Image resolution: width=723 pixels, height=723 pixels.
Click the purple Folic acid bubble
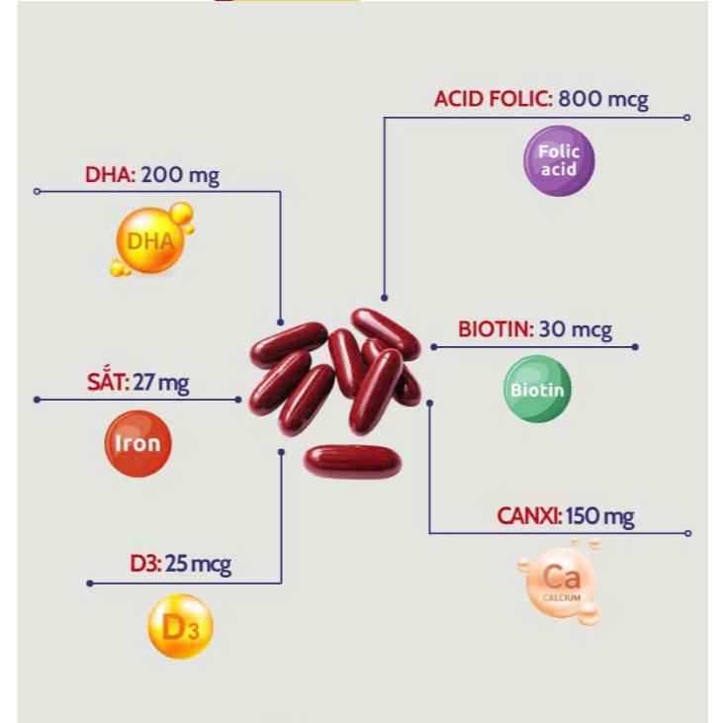click(x=559, y=161)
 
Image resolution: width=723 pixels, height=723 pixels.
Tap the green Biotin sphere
click(x=537, y=389)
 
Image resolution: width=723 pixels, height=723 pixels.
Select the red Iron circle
click(x=137, y=443)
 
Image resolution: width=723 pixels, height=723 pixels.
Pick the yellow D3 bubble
click(x=180, y=626)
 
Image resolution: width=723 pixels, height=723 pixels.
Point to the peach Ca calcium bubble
click(x=561, y=582)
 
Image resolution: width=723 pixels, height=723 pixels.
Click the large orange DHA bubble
click(x=150, y=240)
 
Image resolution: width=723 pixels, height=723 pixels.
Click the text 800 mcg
click(x=603, y=99)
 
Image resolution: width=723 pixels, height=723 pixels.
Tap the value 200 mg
click(x=180, y=175)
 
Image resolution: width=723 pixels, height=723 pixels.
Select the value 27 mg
click(x=161, y=383)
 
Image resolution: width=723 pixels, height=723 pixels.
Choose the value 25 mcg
click(x=198, y=564)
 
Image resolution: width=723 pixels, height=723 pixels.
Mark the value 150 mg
click(x=600, y=516)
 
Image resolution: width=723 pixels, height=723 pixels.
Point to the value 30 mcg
click(x=576, y=329)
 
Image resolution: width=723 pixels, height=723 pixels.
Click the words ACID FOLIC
click(x=493, y=99)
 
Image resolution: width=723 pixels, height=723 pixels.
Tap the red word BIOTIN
click(x=496, y=329)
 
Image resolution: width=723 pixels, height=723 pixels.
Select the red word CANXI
click(x=529, y=515)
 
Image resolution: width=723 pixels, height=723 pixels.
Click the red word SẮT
click(x=109, y=382)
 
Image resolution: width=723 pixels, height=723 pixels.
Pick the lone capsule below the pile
click(x=353, y=462)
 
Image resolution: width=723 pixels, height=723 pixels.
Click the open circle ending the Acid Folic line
click(x=686, y=118)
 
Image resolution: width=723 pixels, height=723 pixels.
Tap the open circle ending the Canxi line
click(x=687, y=533)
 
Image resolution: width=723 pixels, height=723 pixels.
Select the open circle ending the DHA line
click(x=38, y=191)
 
